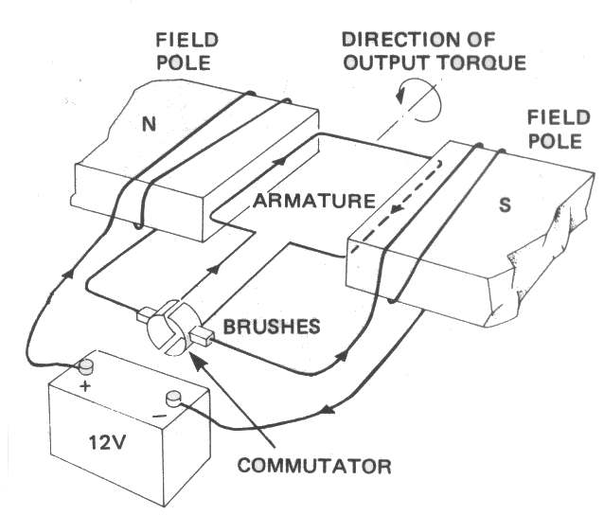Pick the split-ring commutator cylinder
point(171,328)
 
